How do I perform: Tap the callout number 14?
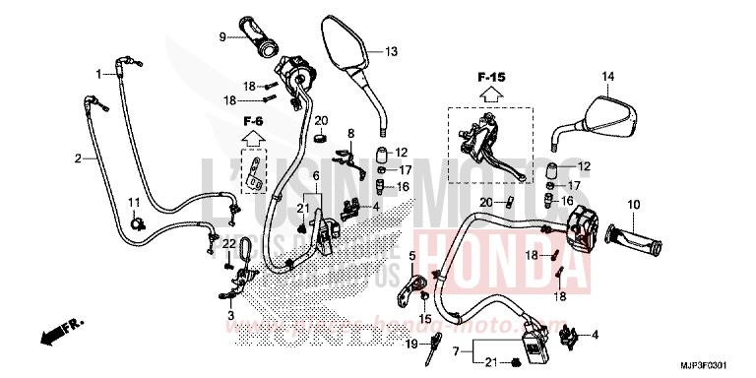(x=607, y=77)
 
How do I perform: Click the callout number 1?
(x=98, y=74)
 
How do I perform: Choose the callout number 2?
(x=78, y=157)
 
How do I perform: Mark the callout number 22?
(x=226, y=243)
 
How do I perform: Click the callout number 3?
(x=230, y=316)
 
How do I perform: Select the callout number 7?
(x=455, y=351)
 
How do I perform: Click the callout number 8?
(x=349, y=133)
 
